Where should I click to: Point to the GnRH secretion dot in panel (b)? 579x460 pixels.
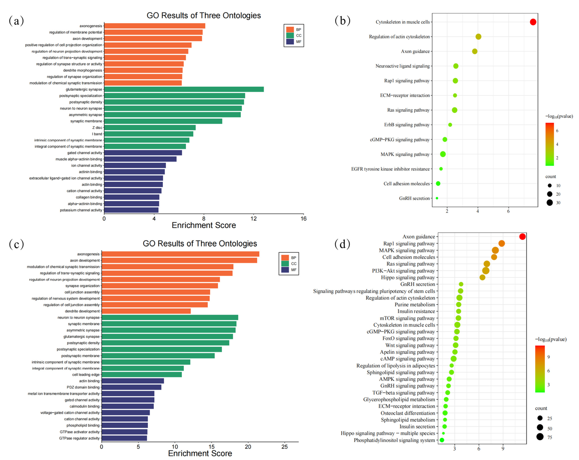437,198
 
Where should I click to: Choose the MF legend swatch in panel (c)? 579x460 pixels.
285,270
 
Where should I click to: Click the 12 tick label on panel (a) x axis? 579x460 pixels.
253,218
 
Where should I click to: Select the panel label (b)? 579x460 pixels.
342,21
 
